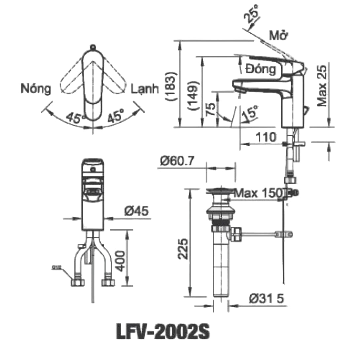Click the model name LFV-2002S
pos(162,332)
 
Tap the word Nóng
pos(36,89)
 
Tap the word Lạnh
pos(144,89)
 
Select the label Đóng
pos(260,70)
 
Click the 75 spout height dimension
pos(211,109)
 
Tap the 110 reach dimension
pos(265,137)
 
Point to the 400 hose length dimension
pos(120,261)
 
